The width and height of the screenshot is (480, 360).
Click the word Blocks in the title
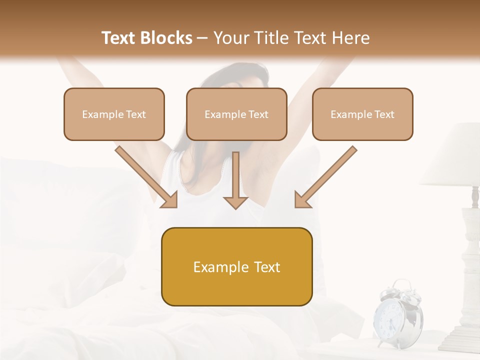click(167, 38)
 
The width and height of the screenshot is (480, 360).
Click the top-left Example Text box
click(114, 114)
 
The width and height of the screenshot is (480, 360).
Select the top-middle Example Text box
click(236, 114)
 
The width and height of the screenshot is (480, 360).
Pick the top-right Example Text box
click(362, 114)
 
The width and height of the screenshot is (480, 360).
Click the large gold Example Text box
click(236, 266)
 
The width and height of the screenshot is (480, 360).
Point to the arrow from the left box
click(147, 177)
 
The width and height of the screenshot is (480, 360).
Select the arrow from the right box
click(325, 177)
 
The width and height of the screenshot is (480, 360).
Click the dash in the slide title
click(202, 38)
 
